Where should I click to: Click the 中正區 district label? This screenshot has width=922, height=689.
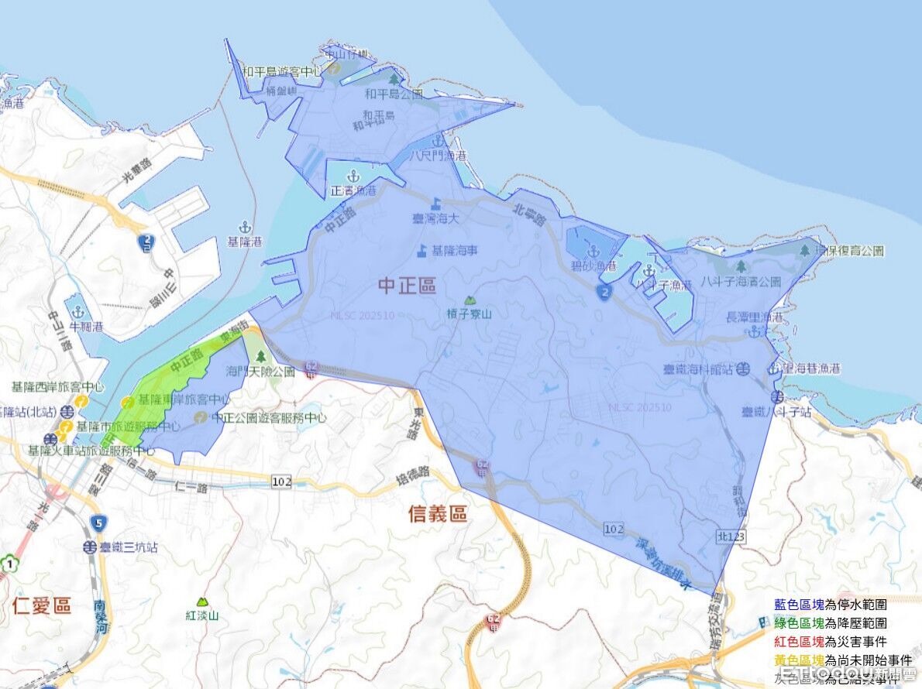[x=408, y=286]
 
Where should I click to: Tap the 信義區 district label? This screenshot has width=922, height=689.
[x=438, y=513]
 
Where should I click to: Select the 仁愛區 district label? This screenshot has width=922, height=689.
[x=42, y=605]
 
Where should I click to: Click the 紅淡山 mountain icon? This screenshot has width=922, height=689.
[x=202, y=602]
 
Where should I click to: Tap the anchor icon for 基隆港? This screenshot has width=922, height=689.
[x=245, y=227]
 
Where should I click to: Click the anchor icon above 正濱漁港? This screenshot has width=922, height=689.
[x=354, y=175]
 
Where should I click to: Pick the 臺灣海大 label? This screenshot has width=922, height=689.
[x=436, y=218]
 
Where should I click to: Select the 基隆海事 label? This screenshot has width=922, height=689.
[x=448, y=251]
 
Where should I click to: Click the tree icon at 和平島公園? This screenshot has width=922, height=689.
[x=394, y=78]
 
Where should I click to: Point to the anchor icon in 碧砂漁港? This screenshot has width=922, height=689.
[x=594, y=251]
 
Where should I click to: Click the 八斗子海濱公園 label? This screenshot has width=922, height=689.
[x=741, y=282]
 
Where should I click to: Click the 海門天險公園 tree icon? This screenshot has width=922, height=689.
[x=260, y=356]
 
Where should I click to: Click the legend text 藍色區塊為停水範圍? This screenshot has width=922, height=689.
[x=830, y=605]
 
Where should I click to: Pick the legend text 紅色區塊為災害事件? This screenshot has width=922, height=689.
[x=830, y=642]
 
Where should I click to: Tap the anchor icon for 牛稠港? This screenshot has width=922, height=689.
[x=77, y=312]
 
